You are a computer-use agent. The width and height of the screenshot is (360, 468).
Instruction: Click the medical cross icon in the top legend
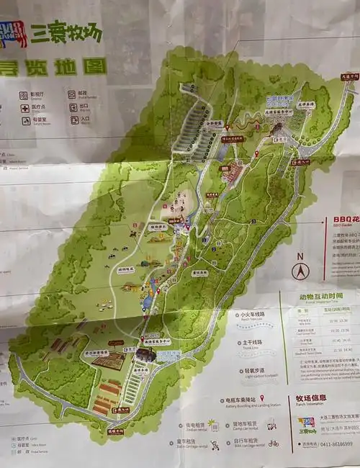tap(25, 108)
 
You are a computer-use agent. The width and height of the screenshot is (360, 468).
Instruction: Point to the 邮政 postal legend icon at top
tap(72, 94)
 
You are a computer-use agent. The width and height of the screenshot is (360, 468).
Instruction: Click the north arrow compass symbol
tap(300, 270)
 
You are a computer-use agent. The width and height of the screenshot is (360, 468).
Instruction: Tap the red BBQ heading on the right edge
tap(344, 220)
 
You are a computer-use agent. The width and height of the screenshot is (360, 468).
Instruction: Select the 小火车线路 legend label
tap(253, 315)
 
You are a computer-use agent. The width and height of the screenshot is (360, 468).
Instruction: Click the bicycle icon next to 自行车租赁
tap(273, 444)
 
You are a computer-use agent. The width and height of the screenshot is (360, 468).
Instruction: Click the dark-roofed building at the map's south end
tap(145, 354)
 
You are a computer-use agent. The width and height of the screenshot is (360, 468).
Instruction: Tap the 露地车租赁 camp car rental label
tap(247, 425)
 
